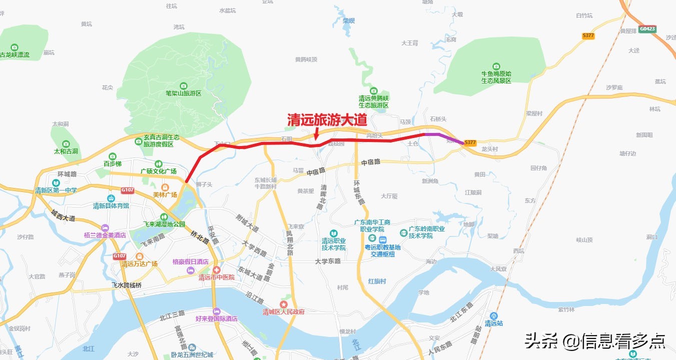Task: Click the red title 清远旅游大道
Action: [327, 120]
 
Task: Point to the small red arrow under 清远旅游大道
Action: [316, 134]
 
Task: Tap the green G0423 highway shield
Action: [646, 29]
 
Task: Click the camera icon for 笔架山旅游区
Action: [183, 86]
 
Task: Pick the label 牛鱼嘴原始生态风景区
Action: [496, 77]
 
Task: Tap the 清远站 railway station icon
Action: [494, 316]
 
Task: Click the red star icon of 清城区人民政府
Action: [284, 304]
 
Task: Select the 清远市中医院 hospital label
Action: [217, 277]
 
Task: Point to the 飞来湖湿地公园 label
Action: [164, 224]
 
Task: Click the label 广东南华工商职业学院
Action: [371, 225]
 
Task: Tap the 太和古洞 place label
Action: [66, 151]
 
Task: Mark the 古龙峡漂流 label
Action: [15, 55]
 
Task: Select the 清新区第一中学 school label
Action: [56, 190]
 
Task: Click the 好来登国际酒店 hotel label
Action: [216, 319]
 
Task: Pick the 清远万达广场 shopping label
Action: [140, 264]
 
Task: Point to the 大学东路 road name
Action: [328, 261]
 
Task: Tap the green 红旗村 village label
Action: [377, 281]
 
